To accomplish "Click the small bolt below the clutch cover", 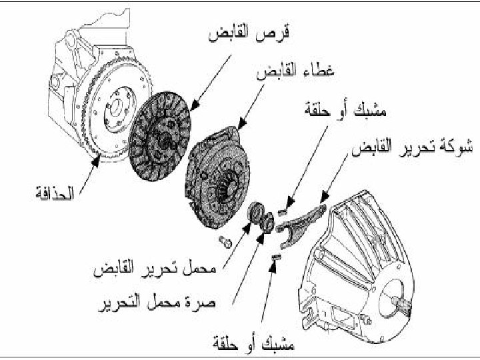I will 223,241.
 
